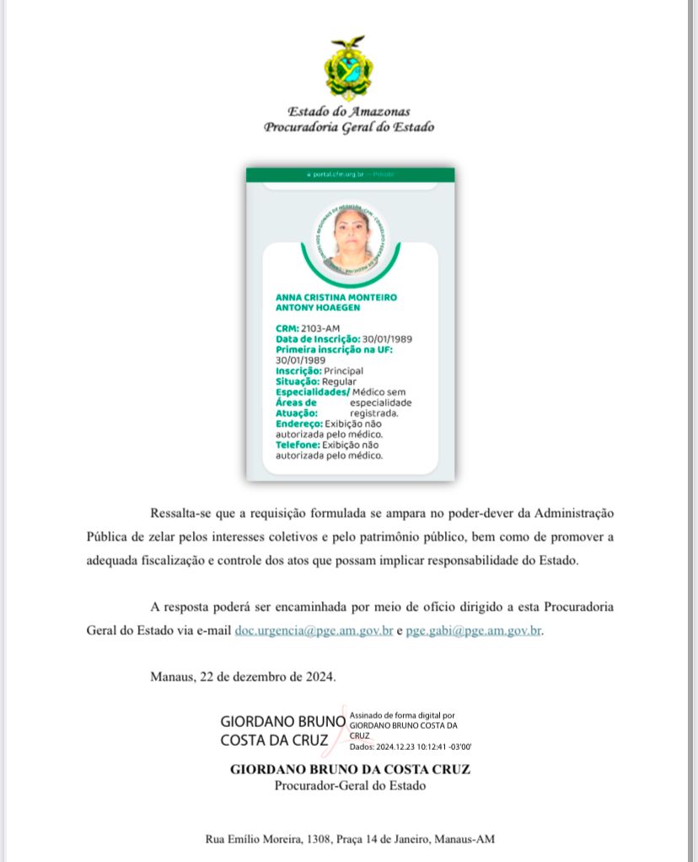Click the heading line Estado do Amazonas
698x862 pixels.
(x=349, y=111)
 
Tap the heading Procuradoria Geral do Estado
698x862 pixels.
(x=349, y=127)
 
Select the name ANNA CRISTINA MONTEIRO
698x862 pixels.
(x=336, y=298)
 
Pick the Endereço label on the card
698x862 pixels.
(x=299, y=423)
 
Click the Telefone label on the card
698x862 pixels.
(x=298, y=444)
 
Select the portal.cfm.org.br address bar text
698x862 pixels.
(x=337, y=175)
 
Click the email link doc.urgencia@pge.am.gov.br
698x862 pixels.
(x=314, y=631)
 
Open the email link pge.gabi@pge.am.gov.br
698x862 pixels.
(x=473, y=631)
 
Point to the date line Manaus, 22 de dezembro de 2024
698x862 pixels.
(x=243, y=676)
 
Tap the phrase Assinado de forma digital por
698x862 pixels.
(x=402, y=714)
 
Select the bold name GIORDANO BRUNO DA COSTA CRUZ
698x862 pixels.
(x=350, y=769)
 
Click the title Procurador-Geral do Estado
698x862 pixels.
(x=350, y=786)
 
